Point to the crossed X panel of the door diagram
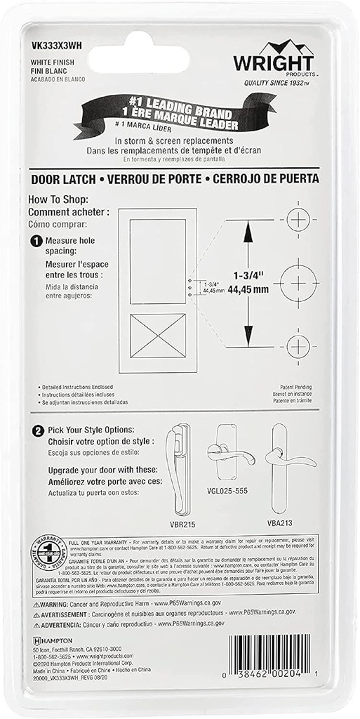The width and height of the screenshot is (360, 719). pyautogui.click(x=158, y=336)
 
